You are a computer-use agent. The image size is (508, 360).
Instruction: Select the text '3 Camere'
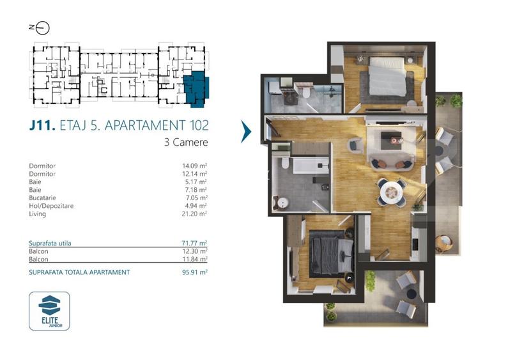(186, 143)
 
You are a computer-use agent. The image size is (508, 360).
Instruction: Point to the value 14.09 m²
(195, 166)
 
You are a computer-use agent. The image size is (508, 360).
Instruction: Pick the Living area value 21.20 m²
(195, 214)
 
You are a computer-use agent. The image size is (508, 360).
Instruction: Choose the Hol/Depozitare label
(54, 206)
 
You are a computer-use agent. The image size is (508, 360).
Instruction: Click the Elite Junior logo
(49, 311)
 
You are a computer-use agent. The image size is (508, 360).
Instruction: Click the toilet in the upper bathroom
(306, 93)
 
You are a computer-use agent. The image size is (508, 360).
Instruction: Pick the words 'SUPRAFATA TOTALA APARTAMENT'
(79, 272)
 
